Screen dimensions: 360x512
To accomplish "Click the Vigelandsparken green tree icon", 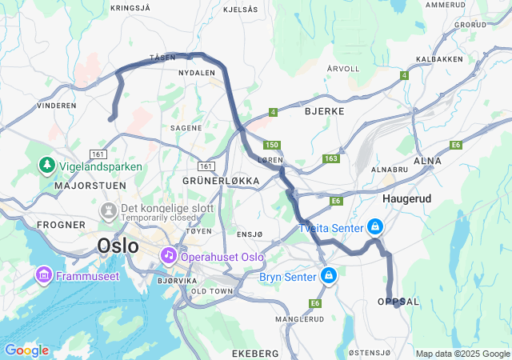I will coord(46,166).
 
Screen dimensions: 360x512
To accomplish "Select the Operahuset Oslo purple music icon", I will coord(169,256).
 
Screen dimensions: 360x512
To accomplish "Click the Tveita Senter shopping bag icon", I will coord(374,227).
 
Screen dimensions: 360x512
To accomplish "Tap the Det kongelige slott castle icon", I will coord(106,209).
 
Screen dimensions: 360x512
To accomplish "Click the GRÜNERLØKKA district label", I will coord(222,182).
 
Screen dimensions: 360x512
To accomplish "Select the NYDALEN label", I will coord(198,73).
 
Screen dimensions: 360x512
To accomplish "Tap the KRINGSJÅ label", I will coord(130,6).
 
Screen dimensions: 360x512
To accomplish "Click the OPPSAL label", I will coord(398,301).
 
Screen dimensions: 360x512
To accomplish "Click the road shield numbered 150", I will coord(272,145).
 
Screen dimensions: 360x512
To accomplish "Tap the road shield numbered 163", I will coord(331,159).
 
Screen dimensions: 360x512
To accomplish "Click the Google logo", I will coord(26,350).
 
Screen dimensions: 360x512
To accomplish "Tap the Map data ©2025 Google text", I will coord(462,354).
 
